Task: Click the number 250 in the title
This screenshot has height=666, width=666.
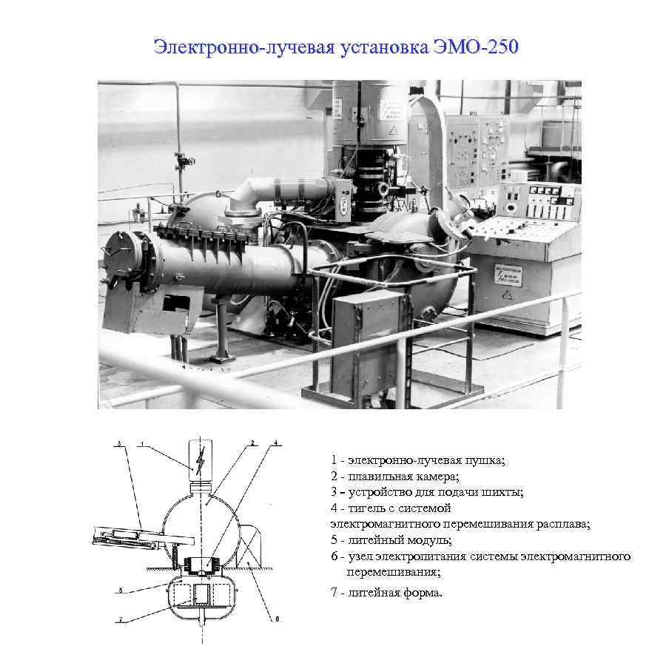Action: (503, 47)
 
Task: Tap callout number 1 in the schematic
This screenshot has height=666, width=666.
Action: (142, 444)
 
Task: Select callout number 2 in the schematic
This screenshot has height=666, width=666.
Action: (252, 443)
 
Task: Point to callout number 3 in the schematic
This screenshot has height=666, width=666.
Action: (119, 444)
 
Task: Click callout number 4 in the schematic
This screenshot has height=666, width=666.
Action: (276, 443)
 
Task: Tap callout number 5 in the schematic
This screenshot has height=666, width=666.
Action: (121, 590)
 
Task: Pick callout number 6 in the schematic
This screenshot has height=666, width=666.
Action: (277, 619)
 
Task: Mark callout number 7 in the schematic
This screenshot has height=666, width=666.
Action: (120, 619)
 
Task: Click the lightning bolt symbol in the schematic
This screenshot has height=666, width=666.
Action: (200, 460)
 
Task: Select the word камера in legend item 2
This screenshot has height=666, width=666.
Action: (437, 477)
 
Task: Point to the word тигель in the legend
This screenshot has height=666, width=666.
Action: (367, 508)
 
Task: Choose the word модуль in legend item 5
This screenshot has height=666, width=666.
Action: (429, 541)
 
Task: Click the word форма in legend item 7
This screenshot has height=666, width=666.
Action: (423, 593)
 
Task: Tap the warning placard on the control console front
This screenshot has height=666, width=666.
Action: (508, 275)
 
